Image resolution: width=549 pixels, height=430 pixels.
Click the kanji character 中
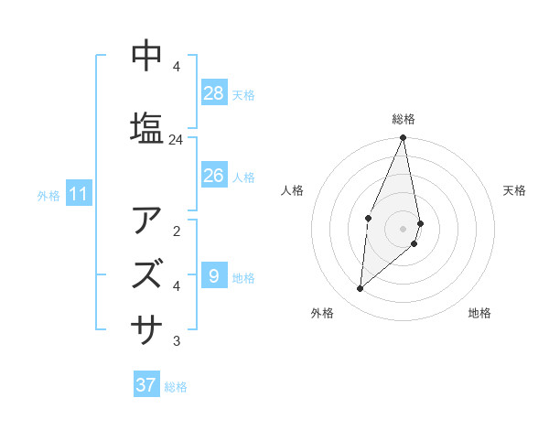pos(147,56)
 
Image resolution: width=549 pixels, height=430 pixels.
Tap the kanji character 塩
pos(147,127)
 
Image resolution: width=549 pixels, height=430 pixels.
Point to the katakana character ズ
pos(147,274)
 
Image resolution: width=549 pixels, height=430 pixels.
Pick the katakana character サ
pos(147,325)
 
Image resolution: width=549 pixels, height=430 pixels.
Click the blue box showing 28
pos(214,93)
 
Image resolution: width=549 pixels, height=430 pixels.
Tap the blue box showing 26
pos(214,175)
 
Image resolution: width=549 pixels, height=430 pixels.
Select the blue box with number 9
pos(214,275)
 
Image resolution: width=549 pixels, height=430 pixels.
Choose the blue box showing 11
pos(79,193)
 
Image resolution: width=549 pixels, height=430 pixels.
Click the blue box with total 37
pos(146,385)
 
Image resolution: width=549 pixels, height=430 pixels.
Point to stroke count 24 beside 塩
pos(176,140)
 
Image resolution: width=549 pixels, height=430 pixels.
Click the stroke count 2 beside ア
pos(176,231)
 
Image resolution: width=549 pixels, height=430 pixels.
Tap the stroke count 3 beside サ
pos(176,341)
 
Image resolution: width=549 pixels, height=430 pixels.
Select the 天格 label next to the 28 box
pos(243,95)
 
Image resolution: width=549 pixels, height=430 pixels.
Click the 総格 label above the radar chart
pos(404,119)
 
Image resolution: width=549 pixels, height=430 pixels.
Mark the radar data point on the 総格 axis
pos(404,138)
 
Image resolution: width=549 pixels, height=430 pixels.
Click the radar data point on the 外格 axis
pos(361,288)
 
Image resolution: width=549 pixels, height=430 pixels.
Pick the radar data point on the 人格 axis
pos(368,218)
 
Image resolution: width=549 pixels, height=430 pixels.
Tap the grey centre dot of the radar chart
pos(404,228)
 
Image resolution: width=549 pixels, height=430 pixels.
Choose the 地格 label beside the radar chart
pos(479,313)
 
